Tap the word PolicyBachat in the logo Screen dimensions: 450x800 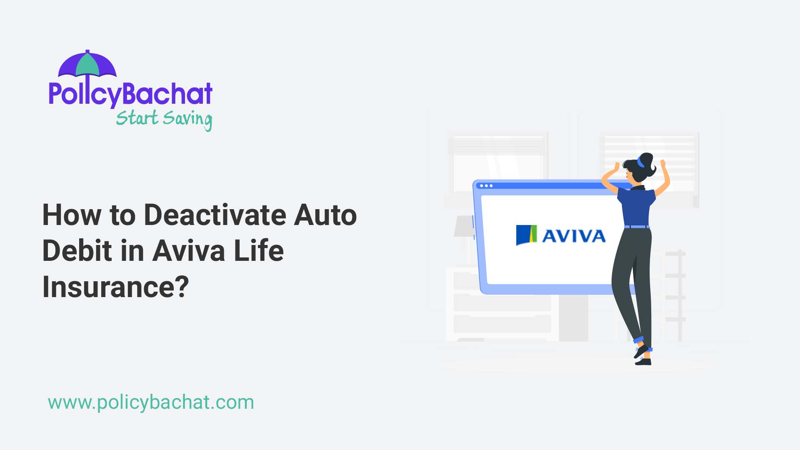(130, 94)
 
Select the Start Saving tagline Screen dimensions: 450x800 (164, 119)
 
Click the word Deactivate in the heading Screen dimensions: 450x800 (215, 215)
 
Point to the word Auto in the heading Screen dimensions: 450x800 (325, 215)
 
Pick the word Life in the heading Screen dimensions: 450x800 (259, 251)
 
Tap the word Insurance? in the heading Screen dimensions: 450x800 (116, 287)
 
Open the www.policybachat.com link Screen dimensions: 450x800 (151, 402)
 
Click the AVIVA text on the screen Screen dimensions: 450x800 (574, 236)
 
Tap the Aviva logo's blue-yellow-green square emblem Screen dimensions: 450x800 (526, 235)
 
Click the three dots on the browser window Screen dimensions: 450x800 (486, 186)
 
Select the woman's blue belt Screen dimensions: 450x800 (637, 227)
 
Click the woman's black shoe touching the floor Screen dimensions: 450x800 (643, 362)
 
